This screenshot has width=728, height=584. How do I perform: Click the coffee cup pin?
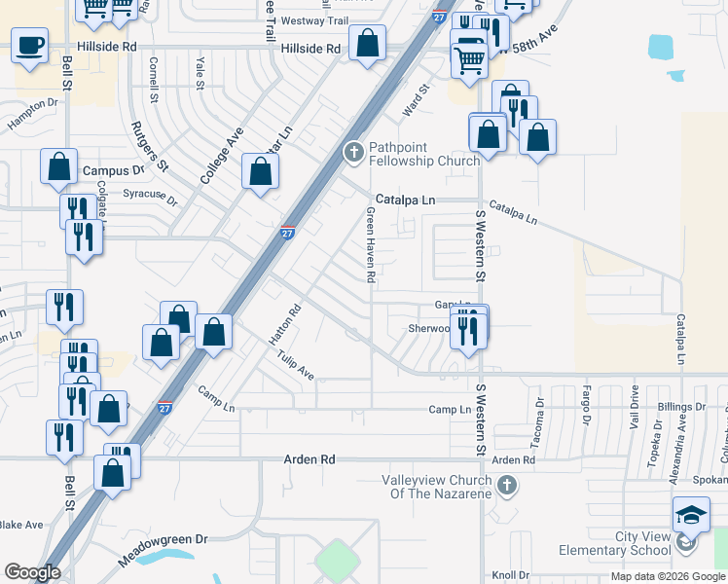pos(30,44)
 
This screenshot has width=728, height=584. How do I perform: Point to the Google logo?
pos(32,572)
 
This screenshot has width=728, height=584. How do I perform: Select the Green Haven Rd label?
pos(371,244)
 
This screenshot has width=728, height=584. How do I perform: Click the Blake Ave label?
pos(21,525)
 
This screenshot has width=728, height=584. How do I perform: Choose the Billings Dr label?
pos(680,405)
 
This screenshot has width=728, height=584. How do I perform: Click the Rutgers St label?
pos(150,143)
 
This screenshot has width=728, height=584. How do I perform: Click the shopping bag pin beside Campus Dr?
pos(59,168)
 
